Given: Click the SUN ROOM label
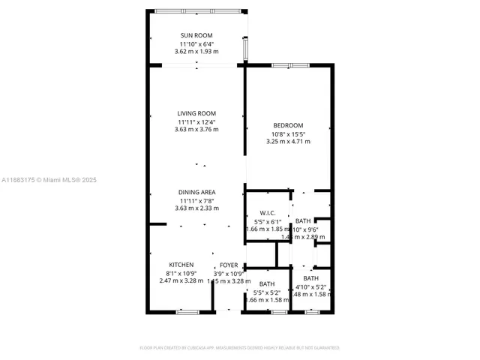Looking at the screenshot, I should pos(196,35).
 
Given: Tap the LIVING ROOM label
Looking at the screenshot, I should pos(196,113).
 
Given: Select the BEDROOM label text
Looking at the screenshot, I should pos(288,124).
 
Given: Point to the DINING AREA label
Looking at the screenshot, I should pos(196,192).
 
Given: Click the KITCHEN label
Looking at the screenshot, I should pos(181,265).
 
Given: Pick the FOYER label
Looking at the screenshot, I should pos(228,265).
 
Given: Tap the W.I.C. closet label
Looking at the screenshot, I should pos(268,214).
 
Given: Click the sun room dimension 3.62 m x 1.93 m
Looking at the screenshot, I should pos(196,52).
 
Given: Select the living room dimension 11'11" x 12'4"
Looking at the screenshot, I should pos(196,121).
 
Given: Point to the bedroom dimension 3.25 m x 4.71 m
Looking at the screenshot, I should pos(288,141).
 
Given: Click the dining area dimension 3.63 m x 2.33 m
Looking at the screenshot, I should pos(196,208).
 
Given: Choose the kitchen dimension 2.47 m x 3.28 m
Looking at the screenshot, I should pos(181,280).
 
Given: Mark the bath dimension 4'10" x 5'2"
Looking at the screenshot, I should pos(310,286).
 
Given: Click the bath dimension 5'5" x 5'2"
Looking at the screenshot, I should pos(267,292).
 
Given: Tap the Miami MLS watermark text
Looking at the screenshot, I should pos(49,180).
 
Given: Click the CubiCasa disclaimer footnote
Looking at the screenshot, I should pos(240,348).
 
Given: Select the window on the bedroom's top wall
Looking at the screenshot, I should pos(290,65).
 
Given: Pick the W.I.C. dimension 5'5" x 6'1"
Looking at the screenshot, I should pos(268,222).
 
